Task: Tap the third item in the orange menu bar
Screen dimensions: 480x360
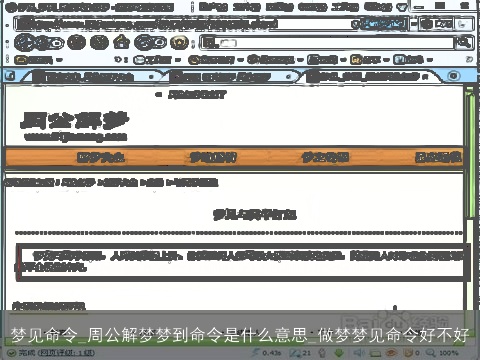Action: pyautogui.click(x=326, y=157)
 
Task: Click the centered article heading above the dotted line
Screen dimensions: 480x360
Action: pyautogui.click(x=240, y=213)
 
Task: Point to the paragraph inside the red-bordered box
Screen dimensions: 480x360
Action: pyautogui.click(x=240, y=261)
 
